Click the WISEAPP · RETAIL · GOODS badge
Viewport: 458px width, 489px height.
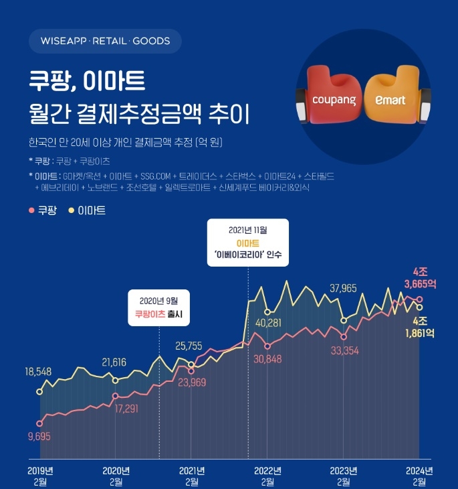105,41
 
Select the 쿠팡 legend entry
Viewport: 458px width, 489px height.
42,210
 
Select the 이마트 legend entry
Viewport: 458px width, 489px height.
86,210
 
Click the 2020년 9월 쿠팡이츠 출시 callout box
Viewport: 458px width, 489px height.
159,307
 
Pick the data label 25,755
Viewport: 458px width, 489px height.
189,346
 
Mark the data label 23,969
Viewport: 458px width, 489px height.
192,383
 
